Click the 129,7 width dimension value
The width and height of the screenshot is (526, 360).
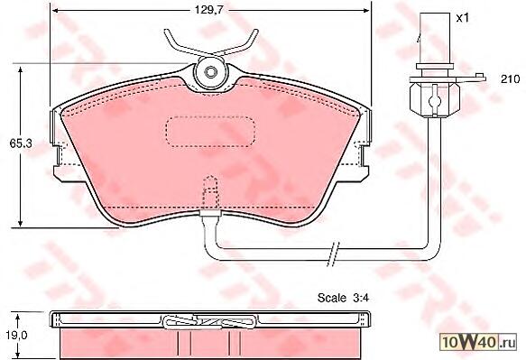click(208, 10)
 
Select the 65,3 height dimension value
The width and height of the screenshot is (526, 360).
click(21, 143)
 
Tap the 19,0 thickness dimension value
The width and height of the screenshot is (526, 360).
click(15, 335)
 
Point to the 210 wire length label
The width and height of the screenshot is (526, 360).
click(511, 79)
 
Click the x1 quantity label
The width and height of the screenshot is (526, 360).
click(462, 18)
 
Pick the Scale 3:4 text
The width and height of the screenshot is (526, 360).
click(343, 298)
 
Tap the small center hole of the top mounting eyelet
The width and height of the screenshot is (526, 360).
click(210, 72)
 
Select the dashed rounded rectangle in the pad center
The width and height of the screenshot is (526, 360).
click(210, 132)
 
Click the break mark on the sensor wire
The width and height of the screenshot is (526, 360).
click(334, 254)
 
